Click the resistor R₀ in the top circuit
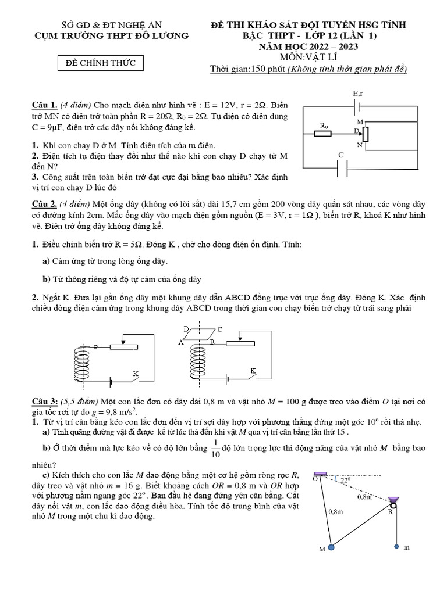[323, 133]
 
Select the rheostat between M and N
[365, 134]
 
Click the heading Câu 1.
[44, 105]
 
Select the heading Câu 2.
[44, 204]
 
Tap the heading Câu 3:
[45, 402]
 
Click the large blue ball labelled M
[331, 547]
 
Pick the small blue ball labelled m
[396, 546]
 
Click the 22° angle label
[345, 480]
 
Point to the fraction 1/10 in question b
[215, 448]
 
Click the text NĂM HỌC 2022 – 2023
[308, 46]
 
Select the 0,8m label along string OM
[336, 511]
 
